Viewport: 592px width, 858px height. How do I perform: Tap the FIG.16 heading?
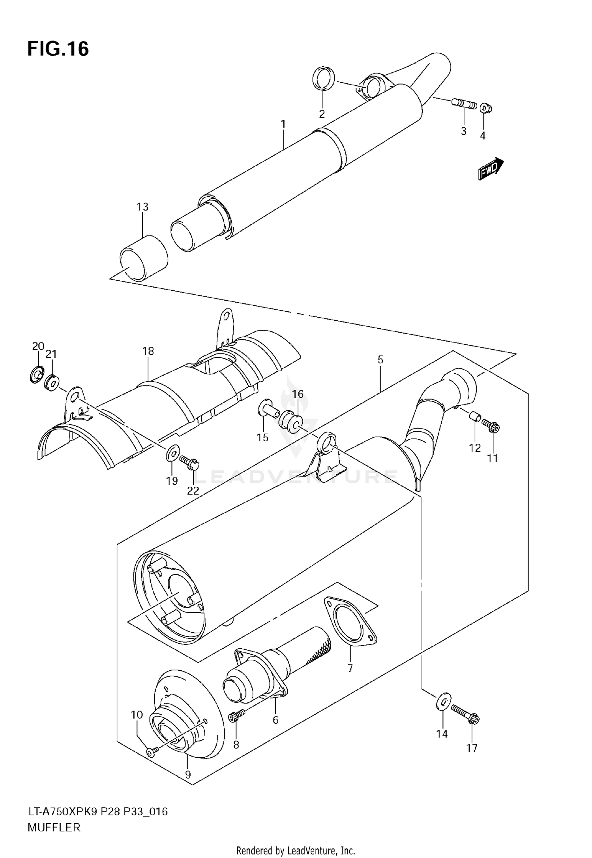[58, 49]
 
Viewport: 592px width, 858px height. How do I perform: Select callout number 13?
[142, 207]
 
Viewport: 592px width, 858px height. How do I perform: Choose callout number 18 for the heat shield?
[148, 351]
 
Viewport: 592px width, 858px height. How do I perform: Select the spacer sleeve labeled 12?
[475, 417]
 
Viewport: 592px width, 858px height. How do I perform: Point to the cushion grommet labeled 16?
[291, 421]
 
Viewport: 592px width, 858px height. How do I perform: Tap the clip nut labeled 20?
[37, 374]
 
